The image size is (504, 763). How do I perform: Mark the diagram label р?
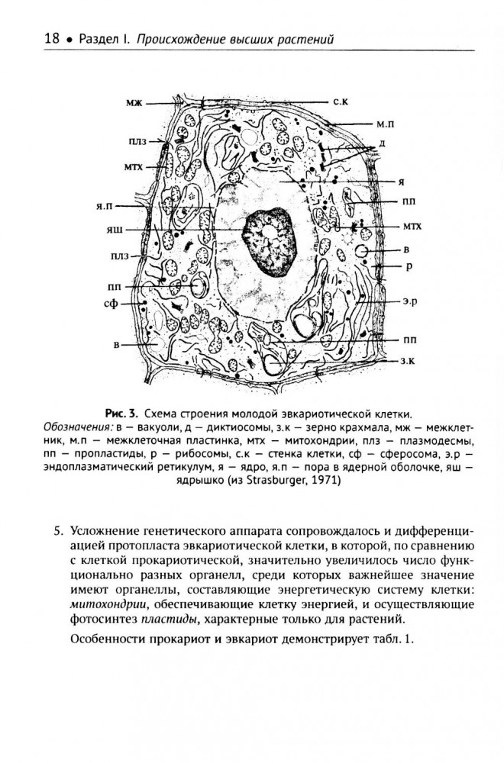409,267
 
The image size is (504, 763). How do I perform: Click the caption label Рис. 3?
121,411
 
